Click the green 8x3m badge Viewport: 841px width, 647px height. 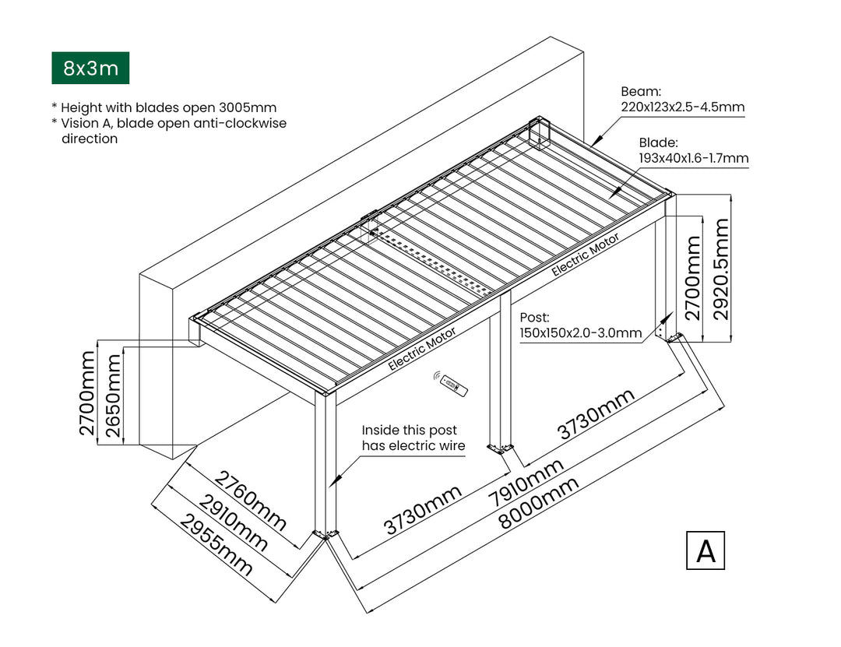click(90, 69)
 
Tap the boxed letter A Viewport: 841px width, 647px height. click(706, 550)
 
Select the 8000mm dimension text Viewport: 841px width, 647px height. click(539, 504)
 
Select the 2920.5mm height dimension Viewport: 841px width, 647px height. click(722, 269)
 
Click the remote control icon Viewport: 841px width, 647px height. click(452, 384)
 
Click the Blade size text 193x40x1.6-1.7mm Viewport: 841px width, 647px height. click(693, 158)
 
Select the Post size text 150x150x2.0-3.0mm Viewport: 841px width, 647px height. click(580, 333)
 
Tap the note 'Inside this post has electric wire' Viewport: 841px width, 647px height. click(413, 438)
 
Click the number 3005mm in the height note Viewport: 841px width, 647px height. click(250, 107)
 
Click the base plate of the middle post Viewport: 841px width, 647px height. click(498, 448)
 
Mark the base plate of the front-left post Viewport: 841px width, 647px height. click(325, 533)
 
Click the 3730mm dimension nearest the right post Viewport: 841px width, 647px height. click(596, 413)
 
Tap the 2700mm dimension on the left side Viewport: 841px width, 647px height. click(87, 394)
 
